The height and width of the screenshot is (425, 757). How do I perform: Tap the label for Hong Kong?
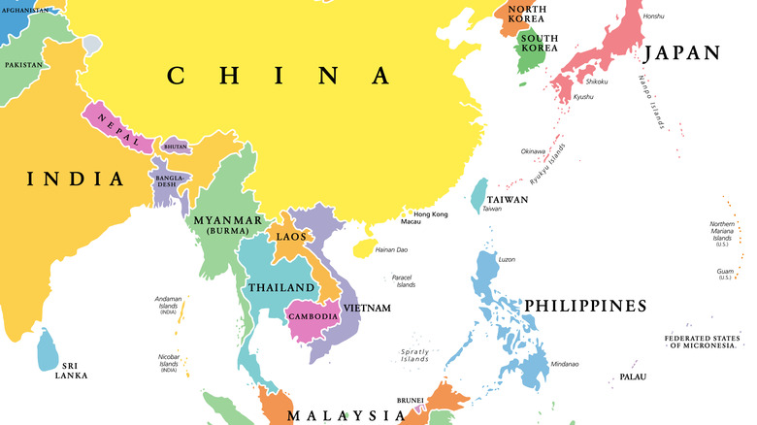coord(431,214)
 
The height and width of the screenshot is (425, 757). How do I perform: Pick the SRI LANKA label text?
coord(71,370)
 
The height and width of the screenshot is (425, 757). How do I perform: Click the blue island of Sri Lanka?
coord(47,350)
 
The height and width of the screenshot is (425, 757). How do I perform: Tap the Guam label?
coord(724,272)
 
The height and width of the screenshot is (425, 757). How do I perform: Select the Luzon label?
coord(507,259)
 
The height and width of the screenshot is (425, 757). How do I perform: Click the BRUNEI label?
coord(410,400)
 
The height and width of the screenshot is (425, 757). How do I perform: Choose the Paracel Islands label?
coord(404,281)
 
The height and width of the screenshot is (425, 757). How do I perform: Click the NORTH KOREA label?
coord(525,15)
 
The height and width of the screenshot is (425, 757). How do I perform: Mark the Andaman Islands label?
coord(168,305)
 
